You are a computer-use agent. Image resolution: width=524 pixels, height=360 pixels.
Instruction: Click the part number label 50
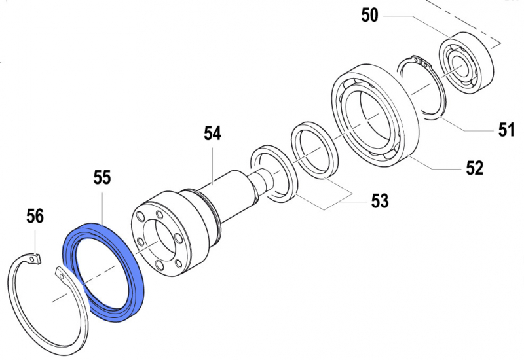[x=370, y=14]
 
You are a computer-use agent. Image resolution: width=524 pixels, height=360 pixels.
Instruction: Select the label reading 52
[x=474, y=168]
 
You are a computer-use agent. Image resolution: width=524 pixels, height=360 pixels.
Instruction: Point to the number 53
[x=379, y=201]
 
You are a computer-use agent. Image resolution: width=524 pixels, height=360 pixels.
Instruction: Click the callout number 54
[x=212, y=134]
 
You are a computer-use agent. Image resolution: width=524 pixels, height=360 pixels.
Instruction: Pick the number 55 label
[x=102, y=177]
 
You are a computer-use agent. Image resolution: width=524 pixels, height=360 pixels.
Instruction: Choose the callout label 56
[x=35, y=216]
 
